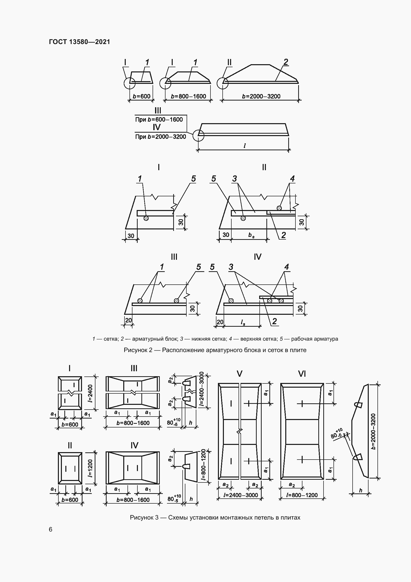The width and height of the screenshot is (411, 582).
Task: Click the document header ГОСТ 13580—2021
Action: coord(80,42)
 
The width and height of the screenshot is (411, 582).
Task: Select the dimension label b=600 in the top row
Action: coord(141,96)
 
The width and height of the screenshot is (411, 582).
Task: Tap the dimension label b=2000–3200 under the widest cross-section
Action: coord(261,96)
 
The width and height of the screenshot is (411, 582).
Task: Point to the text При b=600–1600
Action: coord(159,119)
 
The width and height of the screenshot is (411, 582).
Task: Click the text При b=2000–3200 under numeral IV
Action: coord(161,137)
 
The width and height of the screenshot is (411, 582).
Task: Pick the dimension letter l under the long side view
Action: coord(245,146)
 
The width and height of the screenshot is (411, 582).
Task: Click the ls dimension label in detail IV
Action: coord(243,322)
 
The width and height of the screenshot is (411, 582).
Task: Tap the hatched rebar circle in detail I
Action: coord(146,218)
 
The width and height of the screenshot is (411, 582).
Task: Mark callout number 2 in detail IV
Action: coord(274,321)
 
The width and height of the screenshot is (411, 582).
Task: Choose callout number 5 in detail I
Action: coord(193,179)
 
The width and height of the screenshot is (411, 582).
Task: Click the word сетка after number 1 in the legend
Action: coord(111,339)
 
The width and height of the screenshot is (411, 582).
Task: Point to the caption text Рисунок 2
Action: coord(138,350)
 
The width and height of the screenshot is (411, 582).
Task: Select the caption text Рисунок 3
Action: coord(144,518)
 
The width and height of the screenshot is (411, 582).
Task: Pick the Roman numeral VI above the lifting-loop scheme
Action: coord(302,374)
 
